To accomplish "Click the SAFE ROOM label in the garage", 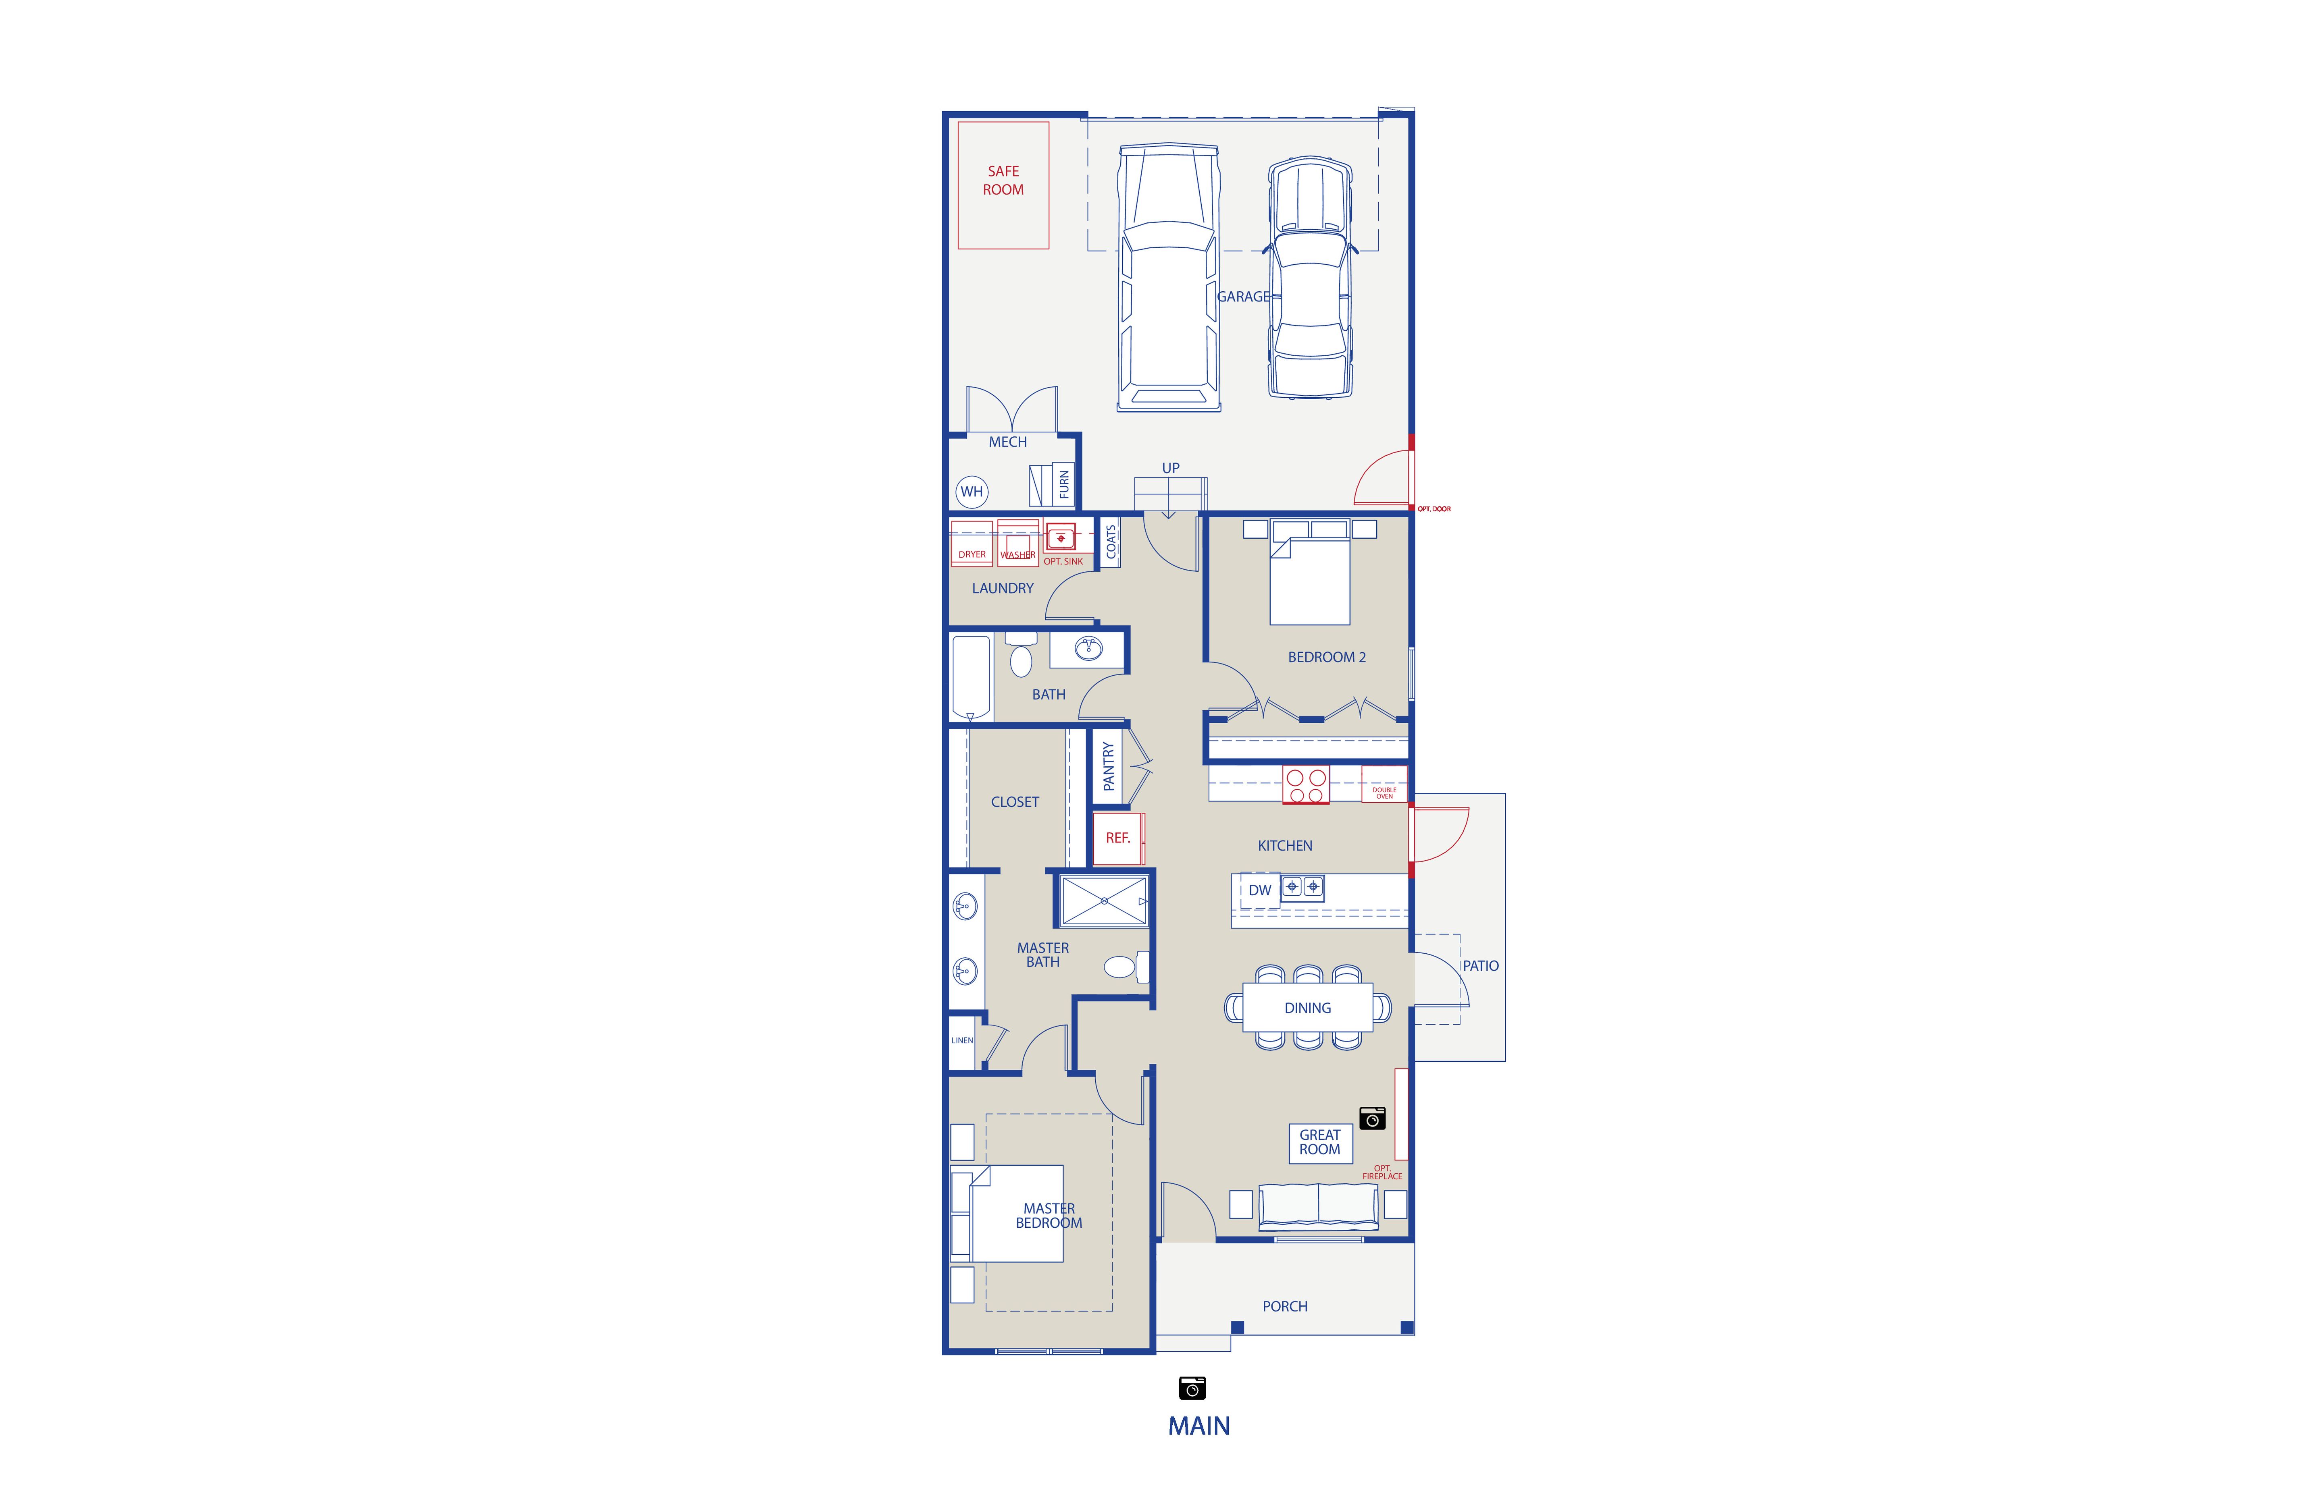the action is pyautogui.click(x=1003, y=180).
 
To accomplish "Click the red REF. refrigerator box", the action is pyautogui.click(x=1118, y=838).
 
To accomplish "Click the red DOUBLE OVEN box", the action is pyautogui.click(x=1384, y=784).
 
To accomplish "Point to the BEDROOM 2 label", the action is pyautogui.click(x=1327, y=657).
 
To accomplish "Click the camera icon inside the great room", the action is pyautogui.click(x=1372, y=1118).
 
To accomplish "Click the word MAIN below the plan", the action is pyautogui.click(x=1199, y=1426).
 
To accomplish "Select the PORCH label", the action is pyautogui.click(x=1285, y=1306).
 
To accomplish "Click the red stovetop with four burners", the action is pyautogui.click(x=1305, y=785).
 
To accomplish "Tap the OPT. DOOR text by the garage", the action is pyautogui.click(x=1434, y=508).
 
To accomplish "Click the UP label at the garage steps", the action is pyautogui.click(x=1171, y=468).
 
